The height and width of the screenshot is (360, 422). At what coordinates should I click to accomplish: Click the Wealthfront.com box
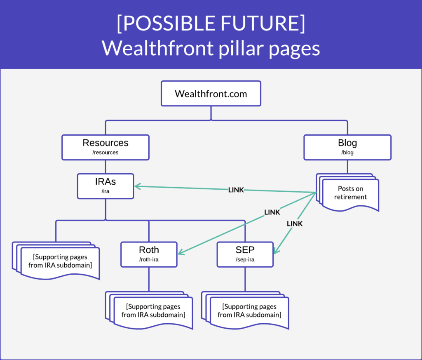(211, 94)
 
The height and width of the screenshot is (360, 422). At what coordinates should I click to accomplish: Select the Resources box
(105, 148)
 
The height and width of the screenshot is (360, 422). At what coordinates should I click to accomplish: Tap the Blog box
(347, 148)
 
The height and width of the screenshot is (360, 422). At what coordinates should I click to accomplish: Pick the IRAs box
(105, 186)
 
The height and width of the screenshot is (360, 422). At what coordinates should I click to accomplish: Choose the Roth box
(149, 254)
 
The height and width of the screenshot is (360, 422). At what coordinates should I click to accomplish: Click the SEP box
(245, 254)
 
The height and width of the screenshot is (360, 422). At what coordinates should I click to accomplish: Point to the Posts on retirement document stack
(348, 193)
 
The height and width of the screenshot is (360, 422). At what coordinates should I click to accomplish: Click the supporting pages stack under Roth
(149, 311)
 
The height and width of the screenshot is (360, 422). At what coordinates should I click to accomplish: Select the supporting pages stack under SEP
(245, 311)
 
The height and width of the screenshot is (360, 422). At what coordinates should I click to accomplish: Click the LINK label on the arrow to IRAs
(236, 190)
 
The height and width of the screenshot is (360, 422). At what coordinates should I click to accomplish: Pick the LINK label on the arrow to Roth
(272, 212)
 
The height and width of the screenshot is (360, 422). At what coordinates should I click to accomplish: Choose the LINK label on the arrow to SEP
(295, 224)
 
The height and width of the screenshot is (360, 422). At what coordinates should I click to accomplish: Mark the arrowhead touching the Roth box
(181, 252)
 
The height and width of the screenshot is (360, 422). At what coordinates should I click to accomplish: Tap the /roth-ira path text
(149, 259)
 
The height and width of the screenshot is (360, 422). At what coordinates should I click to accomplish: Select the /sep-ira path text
(245, 259)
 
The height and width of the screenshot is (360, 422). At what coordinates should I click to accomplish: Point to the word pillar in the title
(241, 49)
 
